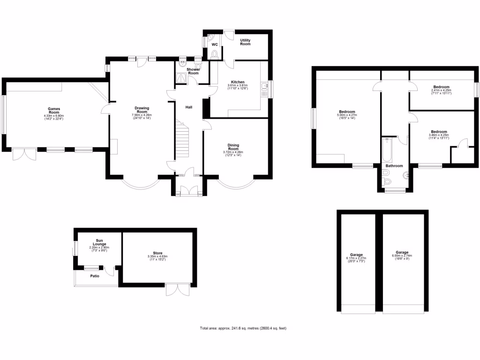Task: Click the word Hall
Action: click(x=189, y=107)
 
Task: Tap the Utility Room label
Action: click(x=245, y=42)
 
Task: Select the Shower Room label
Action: click(x=193, y=71)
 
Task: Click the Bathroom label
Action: click(x=394, y=166)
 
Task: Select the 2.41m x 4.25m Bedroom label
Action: click(x=441, y=87)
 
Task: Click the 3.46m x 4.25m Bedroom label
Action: click(x=439, y=132)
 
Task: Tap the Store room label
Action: click(x=157, y=254)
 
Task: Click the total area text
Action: click(x=243, y=328)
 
